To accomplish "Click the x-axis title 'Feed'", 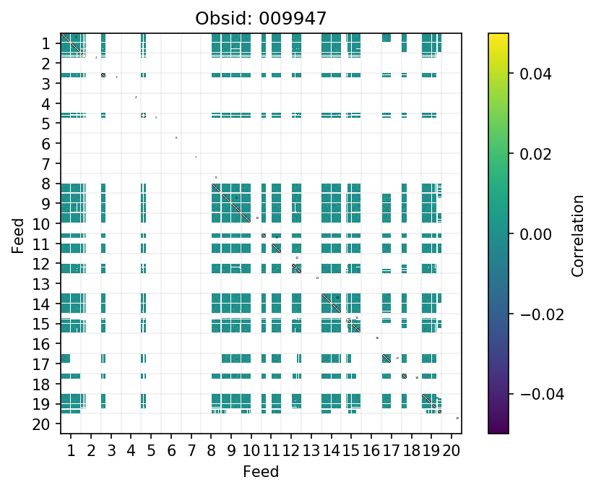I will pyautogui.click(x=260, y=472).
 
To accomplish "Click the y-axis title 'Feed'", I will pyautogui.click(x=17, y=234).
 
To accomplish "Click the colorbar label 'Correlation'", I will pyautogui.click(x=577, y=234).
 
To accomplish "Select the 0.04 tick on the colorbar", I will pyautogui.click(x=530, y=74).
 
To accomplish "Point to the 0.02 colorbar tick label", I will pyautogui.click(x=530, y=154).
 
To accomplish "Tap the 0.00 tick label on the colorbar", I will pyautogui.click(x=530, y=234).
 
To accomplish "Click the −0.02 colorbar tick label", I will pyautogui.click(x=533, y=314).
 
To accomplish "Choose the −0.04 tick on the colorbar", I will pyautogui.click(x=533, y=395).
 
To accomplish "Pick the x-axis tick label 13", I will pyautogui.click(x=311, y=452).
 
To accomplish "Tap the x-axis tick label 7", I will pyautogui.click(x=191, y=452).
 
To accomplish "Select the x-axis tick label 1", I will pyautogui.click(x=71, y=452).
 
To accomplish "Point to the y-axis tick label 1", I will pyautogui.click(x=46, y=44).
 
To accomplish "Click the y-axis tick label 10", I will pyautogui.click(x=42, y=224).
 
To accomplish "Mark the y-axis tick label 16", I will pyautogui.click(x=42, y=344).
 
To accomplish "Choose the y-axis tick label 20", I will pyautogui.click(x=42, y=424).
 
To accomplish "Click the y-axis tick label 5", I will pyautogui.click(x=46, y=124).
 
